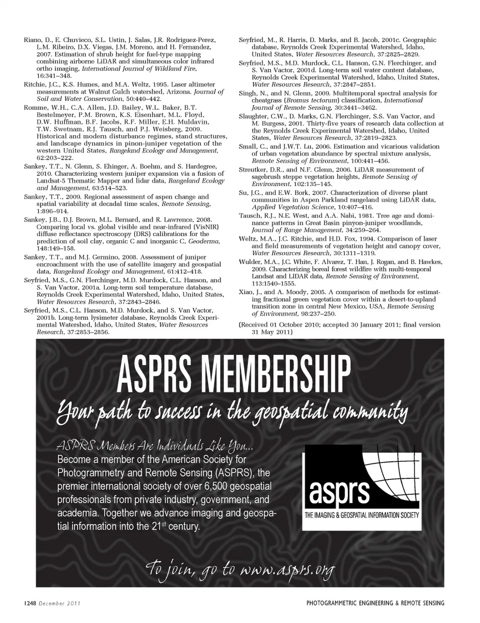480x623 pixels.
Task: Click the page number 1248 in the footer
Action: (x=28, y=603)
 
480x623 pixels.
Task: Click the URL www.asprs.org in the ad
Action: (x=287, y=570)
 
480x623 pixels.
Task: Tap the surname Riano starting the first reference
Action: (x=32, y=40)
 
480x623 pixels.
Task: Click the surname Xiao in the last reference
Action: (x=247, y=292)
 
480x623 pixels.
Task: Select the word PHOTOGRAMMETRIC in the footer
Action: (x=334, y=603)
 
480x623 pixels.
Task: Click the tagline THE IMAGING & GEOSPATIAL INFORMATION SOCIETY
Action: (x=361, y=515)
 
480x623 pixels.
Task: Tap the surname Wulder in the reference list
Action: (x=249, y=262)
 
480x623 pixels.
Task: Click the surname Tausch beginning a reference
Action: (x=249, y=216)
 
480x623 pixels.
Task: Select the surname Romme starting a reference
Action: (x=34, y=107)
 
